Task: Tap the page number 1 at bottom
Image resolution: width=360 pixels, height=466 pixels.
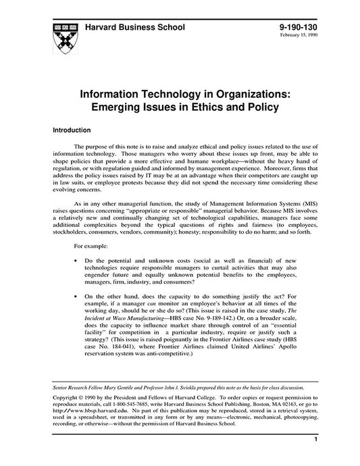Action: (x=315, y=459)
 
